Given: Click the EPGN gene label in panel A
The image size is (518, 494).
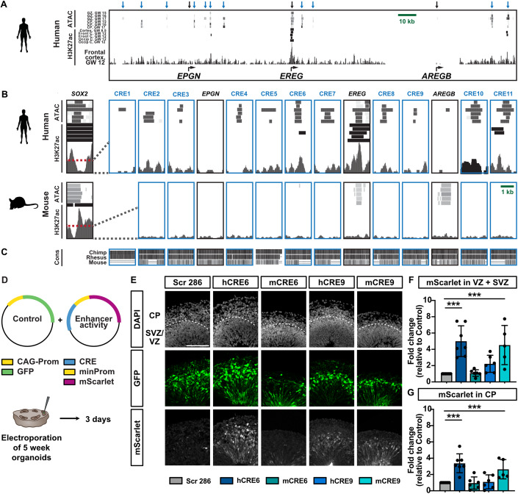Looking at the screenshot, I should click(x=193, y=75).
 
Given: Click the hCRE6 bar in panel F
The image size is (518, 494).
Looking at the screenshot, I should click(x=442, y=341).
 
